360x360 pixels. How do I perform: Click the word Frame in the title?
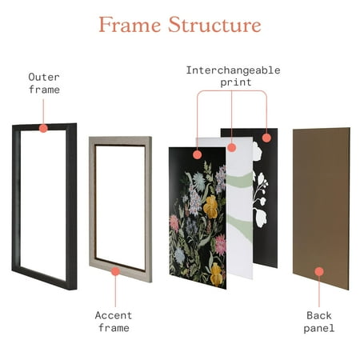(130, 25)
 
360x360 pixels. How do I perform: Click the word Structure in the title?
(214, 25)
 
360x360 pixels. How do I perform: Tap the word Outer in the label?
(44, 77)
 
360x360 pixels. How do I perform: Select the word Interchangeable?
(233, 70)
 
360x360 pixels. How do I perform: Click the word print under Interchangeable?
(236, 82)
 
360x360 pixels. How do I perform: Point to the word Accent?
(114, 315)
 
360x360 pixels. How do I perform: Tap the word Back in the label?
(319, 315)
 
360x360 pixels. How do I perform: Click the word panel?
(319, 328)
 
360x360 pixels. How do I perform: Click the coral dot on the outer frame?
(43, 128)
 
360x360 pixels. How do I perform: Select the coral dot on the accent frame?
(115, 271)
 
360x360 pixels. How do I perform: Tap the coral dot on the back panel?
(319, 271)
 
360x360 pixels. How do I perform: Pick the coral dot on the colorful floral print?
(197, 154)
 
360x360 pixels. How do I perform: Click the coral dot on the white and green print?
(232, 147)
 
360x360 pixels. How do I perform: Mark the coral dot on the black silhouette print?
(266, 138)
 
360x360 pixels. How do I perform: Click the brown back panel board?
(322, 208)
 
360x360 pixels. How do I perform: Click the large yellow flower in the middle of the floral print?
(211, 207)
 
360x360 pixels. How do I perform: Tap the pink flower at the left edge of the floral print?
(174, 223)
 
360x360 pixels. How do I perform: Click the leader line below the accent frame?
(115, 291)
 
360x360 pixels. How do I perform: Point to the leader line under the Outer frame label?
(43, 112)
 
